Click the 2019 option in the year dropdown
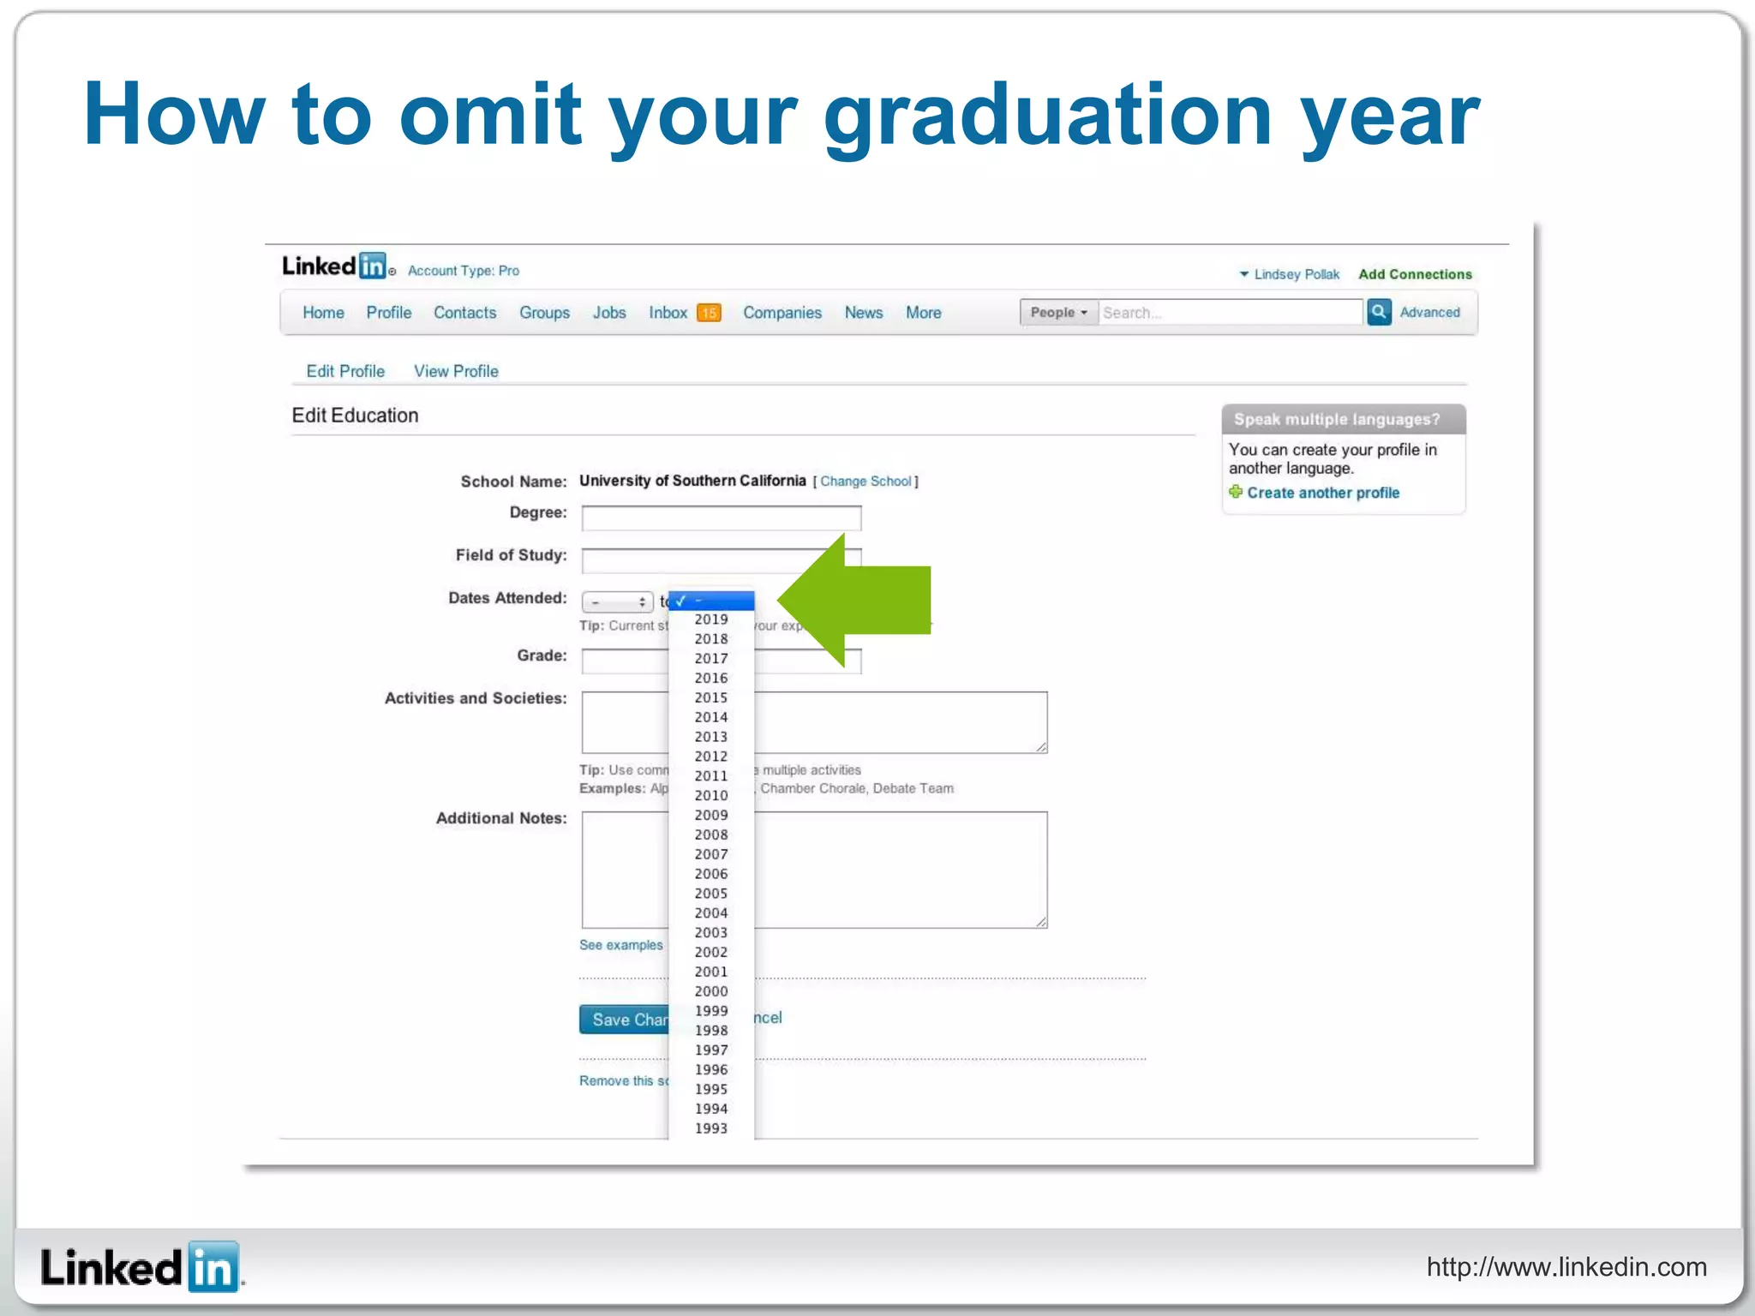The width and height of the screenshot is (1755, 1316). coord(710,619)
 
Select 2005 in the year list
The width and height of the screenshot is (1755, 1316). coord(710,894)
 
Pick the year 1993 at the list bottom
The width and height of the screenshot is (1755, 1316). coord(710,1128)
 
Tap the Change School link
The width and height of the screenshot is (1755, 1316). coord(866,482)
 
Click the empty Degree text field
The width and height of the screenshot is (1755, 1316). coord(721,517)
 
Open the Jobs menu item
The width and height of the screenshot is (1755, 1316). coord(609,313)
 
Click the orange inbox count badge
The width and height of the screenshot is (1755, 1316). coord(709,314)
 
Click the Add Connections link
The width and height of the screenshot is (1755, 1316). coord(1415,274)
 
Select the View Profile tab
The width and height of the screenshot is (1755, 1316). coord(456,371)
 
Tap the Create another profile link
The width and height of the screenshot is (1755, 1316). coord(1322,493)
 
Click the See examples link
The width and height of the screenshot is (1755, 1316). coord(620,945)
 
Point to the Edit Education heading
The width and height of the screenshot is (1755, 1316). coord(355,416)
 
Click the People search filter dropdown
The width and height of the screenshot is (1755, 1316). coord(1058,313)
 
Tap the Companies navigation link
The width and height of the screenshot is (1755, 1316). coord(782,313)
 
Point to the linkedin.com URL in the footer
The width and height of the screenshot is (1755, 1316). coord(1566,1266)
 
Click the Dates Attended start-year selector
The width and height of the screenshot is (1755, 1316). coord(617,602)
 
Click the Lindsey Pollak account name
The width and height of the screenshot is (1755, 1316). coord(1296,274)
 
